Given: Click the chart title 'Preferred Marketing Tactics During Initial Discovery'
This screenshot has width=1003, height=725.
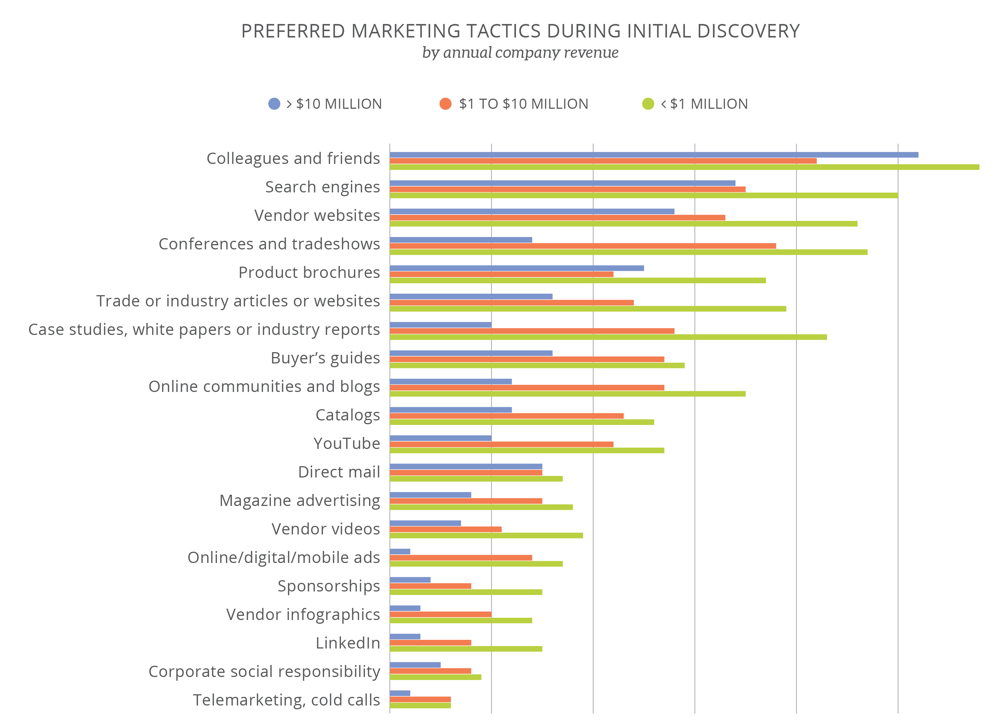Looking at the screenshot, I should (520, 31).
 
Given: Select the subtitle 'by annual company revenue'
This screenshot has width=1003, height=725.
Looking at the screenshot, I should (520, 52).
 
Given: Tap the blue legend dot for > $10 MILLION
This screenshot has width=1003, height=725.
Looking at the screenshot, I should (274, 104).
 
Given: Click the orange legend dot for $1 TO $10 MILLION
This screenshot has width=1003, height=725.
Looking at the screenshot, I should (445, 104).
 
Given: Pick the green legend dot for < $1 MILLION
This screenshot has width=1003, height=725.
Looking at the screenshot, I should (648, 104).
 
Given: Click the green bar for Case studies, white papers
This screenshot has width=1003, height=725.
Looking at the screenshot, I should (608, 337).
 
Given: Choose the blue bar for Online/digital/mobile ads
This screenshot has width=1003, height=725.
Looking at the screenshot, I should (400, 551).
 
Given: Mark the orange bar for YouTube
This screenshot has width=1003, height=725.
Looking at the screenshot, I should (501, 444).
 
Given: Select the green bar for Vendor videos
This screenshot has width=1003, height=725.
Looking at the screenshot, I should (486, 536).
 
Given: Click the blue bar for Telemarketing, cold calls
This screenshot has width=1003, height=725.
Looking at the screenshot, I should (400, 693).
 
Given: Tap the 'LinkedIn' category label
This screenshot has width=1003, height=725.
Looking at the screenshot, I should (348, 643).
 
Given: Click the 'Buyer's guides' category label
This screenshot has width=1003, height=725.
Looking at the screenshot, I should (325, 358).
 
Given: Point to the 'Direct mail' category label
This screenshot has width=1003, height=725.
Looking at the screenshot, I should (339, 472).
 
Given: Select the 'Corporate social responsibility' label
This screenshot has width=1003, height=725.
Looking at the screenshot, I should (264, 671).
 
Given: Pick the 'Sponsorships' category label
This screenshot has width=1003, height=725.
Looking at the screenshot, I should (329, 585).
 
